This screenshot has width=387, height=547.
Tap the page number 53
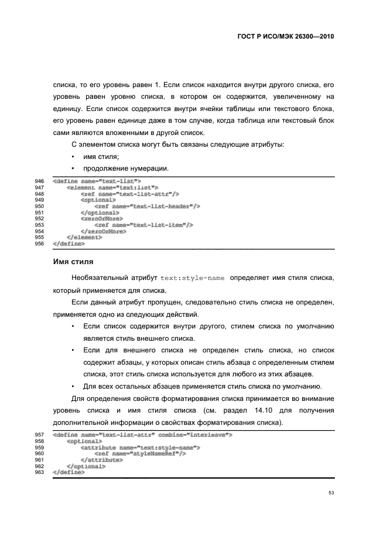tap(331, 493)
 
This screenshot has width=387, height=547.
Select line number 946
tap(40, 181)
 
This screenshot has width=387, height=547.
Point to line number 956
tap(40, 243)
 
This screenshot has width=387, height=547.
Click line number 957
tap(40, 435)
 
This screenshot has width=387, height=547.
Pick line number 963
tap(40, 472)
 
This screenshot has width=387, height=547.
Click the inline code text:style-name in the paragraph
tap(193, 278)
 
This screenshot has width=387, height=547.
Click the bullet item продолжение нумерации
tap(126, 169)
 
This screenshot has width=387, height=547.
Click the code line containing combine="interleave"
tap(143, 435)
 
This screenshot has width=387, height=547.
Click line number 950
tap(40, 206)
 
